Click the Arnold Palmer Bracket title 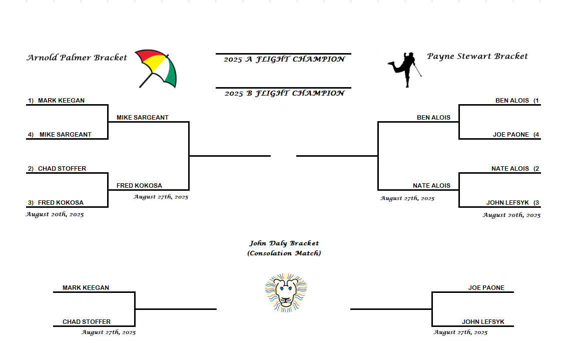tap(77, 58)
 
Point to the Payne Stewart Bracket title tap(477, 56)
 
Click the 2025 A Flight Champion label tap(284, 60)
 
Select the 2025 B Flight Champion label tap(284, 94)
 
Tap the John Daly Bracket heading tap(284, 243)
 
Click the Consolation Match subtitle tap(284, 253)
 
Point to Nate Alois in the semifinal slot tap(431, 186)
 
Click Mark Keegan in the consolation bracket tap(86, 288)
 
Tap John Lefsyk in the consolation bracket tap(483, 322)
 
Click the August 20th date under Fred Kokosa tap(55, 215)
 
